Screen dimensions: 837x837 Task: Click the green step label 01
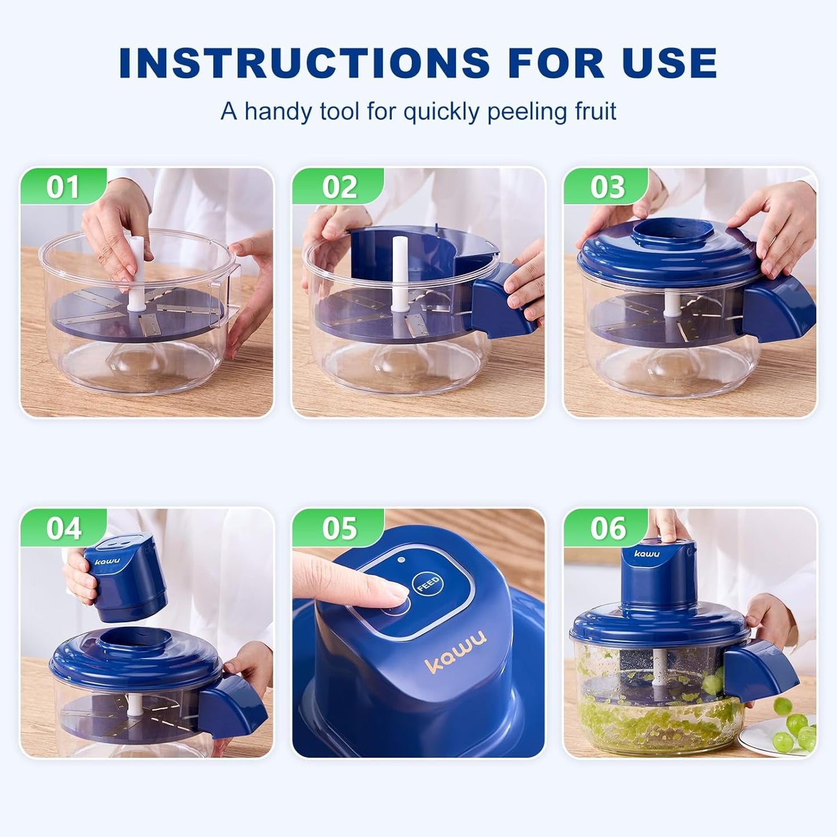click(63, 187)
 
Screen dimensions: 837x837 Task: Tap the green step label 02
click(339, 187)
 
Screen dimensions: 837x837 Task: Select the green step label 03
click(608, 187)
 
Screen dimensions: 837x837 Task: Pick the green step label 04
click(63, 528)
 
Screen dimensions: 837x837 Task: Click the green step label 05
click(339, 528)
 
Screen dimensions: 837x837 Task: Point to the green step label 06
click(608, 528)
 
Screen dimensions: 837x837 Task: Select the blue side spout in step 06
click(759, 672)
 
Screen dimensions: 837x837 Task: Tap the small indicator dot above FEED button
click(400, 560)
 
